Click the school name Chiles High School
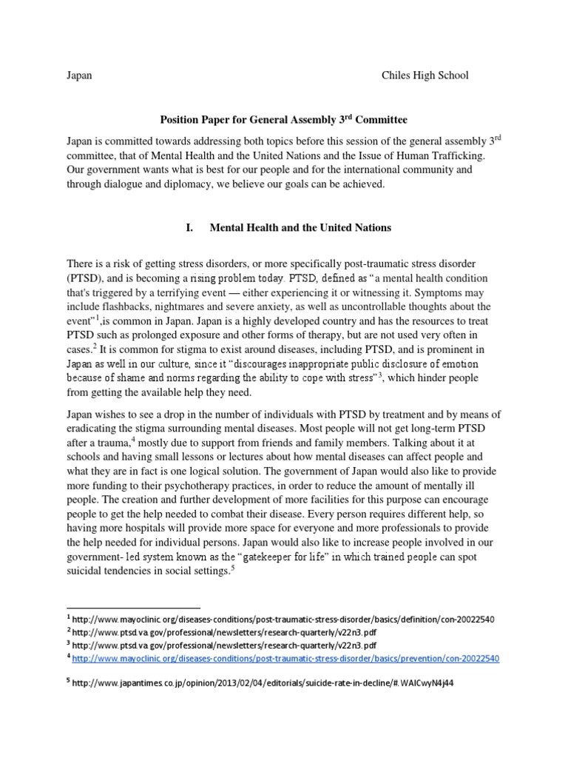pyautogui.click(x=425, y=76)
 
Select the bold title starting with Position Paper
pyautogui.click(x=284, y=118)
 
